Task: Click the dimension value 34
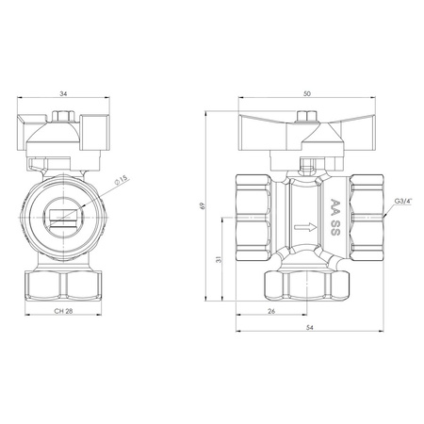(62, 93)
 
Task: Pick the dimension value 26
(271, 311)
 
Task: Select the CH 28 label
(62, 311)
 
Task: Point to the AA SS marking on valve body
(334, 214)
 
